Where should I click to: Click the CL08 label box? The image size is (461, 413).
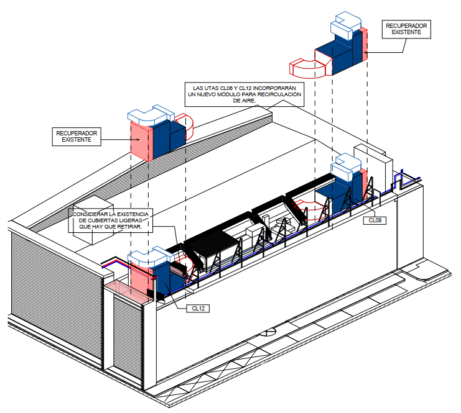pyautogui.click(x=375, y=220)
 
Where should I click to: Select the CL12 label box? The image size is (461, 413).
pyautogui.click(x=198, y=309)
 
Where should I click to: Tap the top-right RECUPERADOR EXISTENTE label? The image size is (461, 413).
pyautogui.click(x=406, y=29)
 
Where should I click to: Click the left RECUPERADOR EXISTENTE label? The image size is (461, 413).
pyautogui.click(x=77, y=137)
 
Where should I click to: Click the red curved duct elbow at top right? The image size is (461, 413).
pyautogui.click(x=305, y=70)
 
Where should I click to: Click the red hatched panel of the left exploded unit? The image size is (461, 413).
pyautogui.click(x=141, y=142)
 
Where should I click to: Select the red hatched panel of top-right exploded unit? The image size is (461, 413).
pyautogui.click(x=365, y=44)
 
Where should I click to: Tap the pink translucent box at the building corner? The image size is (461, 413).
pyautogui.click(x=129, y=291)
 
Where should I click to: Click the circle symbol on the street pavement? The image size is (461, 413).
pyautogui.click(x=268, y=332)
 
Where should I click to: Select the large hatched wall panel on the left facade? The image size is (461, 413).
pyautogui.click(x=57, y=296)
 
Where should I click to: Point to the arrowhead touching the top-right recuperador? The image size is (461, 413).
pyautogui.click(x=365, y=53)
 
